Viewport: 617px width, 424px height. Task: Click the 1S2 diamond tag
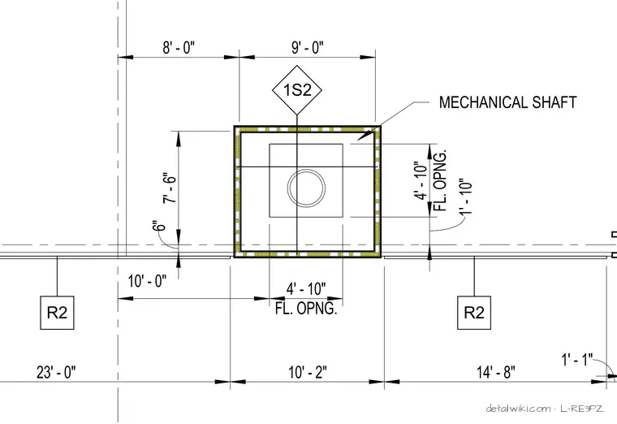coord(297,90)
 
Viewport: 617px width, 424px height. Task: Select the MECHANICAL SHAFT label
coord(507,102)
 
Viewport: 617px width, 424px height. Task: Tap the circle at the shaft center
coord(307,188)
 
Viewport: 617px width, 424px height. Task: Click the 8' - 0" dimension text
coord(179,48)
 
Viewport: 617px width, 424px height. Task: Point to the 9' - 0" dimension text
coord(308,48)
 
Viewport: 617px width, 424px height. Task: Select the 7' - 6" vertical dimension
coord(169,188)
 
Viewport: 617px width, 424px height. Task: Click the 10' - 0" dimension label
coord(147,282)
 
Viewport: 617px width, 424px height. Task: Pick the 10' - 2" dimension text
coord(308,372)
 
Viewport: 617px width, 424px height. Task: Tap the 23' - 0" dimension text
coord(56,372)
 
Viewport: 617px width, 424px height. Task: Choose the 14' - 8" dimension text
coord(496,372)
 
